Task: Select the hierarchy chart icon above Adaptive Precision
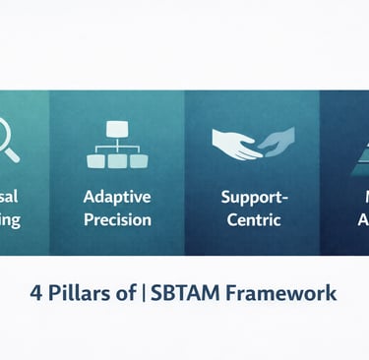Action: coord(117,144)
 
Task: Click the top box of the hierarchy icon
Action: coord(117,129)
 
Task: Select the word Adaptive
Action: coord(117,196)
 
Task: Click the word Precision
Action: coord(117,218)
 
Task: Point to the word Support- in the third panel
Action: coord(253,196)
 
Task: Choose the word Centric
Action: coord(253,218)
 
